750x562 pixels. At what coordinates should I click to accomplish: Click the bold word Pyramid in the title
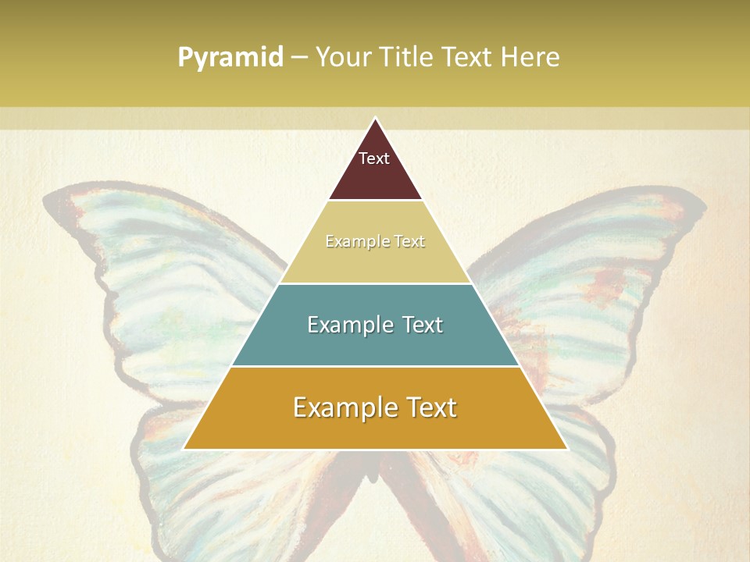230,58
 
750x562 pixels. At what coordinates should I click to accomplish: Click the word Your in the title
342,58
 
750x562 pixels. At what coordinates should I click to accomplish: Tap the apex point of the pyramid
375,119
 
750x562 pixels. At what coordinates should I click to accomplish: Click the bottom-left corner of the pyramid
184,449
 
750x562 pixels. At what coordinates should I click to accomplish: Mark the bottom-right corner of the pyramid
566,449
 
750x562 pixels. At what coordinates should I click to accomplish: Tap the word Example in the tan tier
352,241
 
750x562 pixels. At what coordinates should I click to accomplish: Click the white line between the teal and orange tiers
375,366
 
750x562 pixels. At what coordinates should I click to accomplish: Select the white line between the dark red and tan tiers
375,200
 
